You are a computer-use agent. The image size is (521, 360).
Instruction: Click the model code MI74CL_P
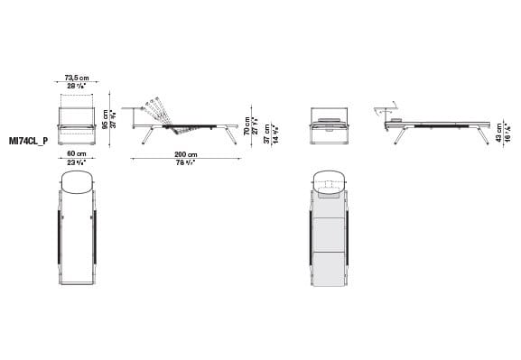tap(28, 140)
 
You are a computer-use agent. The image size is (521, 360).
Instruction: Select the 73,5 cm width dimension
tap(77, 78)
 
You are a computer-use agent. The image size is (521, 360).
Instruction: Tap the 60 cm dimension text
tap(76, 154)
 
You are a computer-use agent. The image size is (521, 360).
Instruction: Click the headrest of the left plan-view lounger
tap(77, 183)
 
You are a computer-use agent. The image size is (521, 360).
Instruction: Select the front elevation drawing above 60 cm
tap(77, 124)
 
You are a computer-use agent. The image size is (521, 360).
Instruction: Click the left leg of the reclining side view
tap(147, 136)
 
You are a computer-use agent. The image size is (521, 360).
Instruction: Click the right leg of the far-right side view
tap(483, 134)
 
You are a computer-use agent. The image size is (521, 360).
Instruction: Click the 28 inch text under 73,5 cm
tap(77, 87)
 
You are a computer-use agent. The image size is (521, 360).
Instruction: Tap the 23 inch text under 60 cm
tap(76, 162)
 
